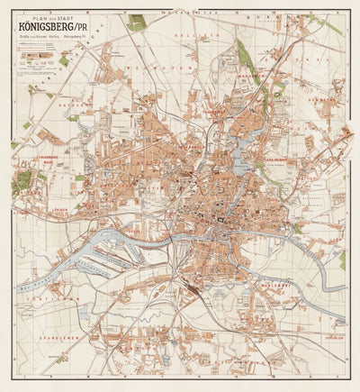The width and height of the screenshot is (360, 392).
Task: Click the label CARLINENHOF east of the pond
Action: click(270, 161)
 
